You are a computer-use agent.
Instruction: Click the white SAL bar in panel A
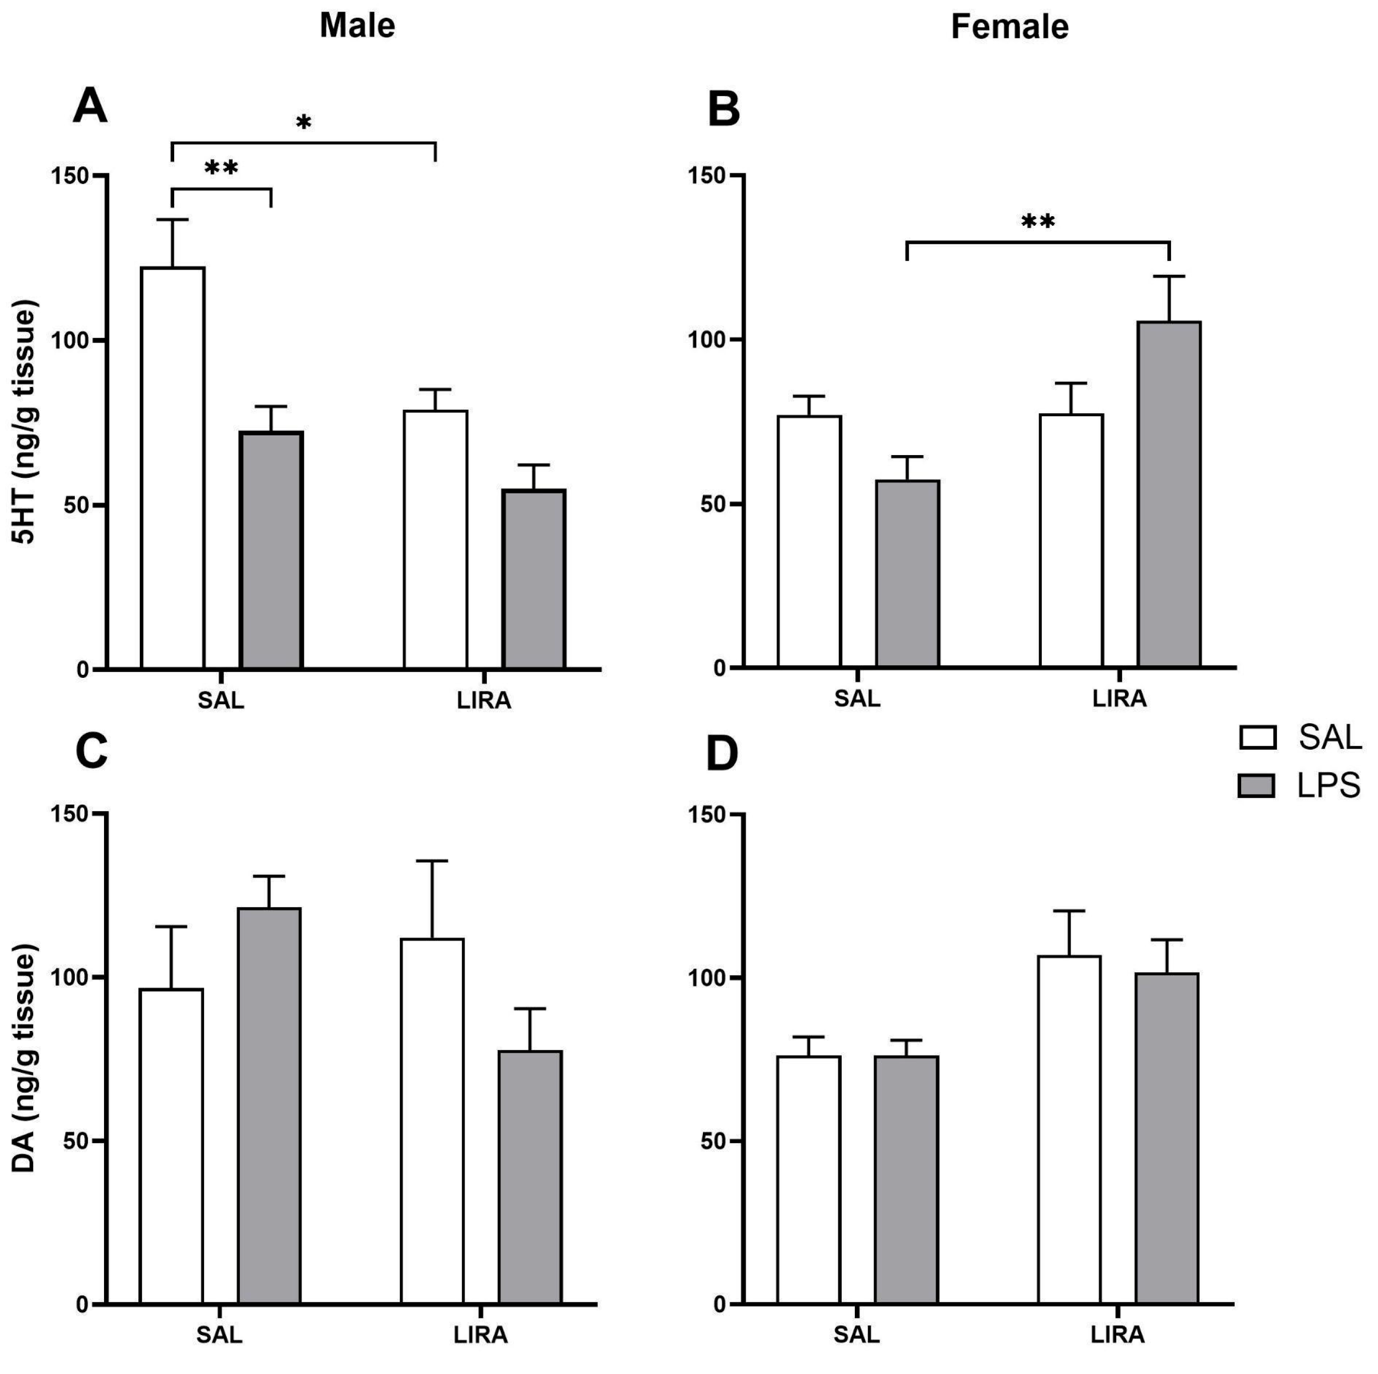[x=173, y=467]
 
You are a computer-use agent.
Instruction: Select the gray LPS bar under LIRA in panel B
[x=1168, y=495]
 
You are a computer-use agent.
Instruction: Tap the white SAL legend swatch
[x=1257, y=739]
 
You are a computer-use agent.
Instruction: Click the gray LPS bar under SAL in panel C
[x=269, y=1106]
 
